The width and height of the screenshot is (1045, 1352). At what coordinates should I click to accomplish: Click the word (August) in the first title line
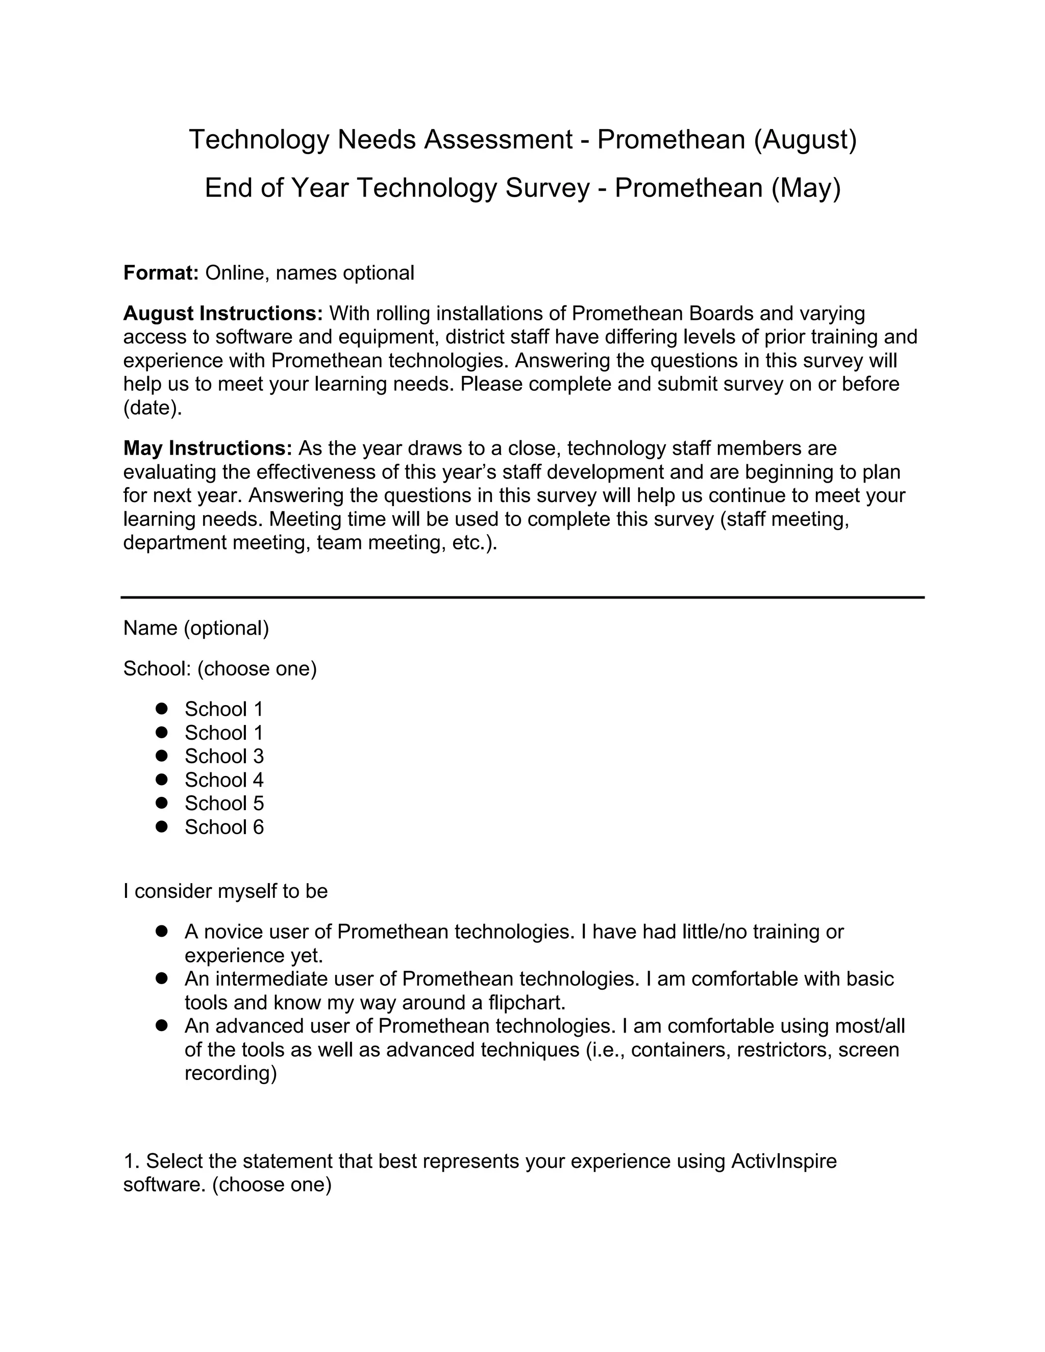[805, 140]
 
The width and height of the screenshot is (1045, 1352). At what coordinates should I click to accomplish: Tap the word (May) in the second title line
[806, 188]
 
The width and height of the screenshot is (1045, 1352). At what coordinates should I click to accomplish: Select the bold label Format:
[160, 273]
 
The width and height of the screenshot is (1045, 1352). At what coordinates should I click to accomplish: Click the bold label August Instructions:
[223, 314]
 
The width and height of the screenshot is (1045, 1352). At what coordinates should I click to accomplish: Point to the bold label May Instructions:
[207, 448]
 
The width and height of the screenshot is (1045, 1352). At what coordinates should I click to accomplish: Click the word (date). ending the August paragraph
[152, 409]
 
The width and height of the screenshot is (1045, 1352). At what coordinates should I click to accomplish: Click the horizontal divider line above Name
[522, 597]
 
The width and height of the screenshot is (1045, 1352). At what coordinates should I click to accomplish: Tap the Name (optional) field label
[196, 629]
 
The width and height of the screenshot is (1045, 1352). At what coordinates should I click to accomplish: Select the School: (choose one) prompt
[220, 669]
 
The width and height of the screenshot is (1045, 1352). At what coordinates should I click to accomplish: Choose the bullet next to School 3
[162, 756]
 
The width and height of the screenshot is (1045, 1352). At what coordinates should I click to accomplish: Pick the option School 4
[223, 780]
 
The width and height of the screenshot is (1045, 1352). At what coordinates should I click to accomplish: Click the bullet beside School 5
[162, 803]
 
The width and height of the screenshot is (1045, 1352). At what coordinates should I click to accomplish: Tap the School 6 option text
[223, 827]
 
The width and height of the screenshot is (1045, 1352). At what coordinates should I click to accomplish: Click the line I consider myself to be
[226, 891]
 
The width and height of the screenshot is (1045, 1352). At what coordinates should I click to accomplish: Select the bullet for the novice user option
[162, 932]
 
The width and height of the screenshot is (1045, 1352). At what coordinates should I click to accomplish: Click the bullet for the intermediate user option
[162, 979]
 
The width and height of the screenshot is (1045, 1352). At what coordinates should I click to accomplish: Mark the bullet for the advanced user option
[162, 1026]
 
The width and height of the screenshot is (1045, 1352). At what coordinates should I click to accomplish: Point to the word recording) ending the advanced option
[230, 1073]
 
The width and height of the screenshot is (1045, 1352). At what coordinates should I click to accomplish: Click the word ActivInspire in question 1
[783, 1161]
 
